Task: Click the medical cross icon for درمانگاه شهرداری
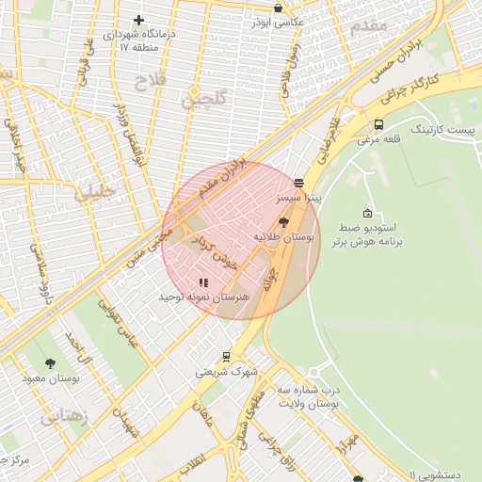coord(139,20)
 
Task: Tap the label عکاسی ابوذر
coord(272,22)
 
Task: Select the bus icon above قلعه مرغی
coord(378,124)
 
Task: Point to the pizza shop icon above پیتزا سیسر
coord(298,184)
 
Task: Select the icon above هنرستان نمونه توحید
coord(202,281)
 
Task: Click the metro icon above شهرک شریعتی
coord(226,357)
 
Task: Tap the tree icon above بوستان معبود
coord(50,363)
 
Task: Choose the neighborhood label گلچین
coord(207,96)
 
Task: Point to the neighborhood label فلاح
coord(150,82)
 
